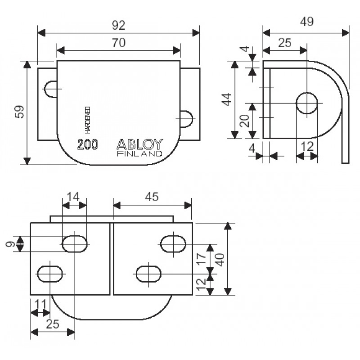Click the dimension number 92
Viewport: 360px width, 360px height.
[x=119, y=25]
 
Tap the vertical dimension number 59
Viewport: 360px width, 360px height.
[x=19, y=112]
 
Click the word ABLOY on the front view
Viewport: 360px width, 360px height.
[x=140, y=144]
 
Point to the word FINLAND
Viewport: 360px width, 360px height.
[x=139, y=153]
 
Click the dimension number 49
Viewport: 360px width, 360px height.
[x=306, y=21]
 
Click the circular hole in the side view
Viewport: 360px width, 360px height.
[x=306, y=103]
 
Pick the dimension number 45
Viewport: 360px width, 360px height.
[x=152, y=197]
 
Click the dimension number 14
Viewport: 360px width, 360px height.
[x=74, y=196]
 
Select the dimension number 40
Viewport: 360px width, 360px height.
[x=220, y=259]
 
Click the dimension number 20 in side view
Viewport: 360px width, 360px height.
[x=244, y=121]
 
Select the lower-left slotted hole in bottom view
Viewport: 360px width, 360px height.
[x=49, y=274]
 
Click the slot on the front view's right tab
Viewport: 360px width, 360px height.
[x=186, y=118]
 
